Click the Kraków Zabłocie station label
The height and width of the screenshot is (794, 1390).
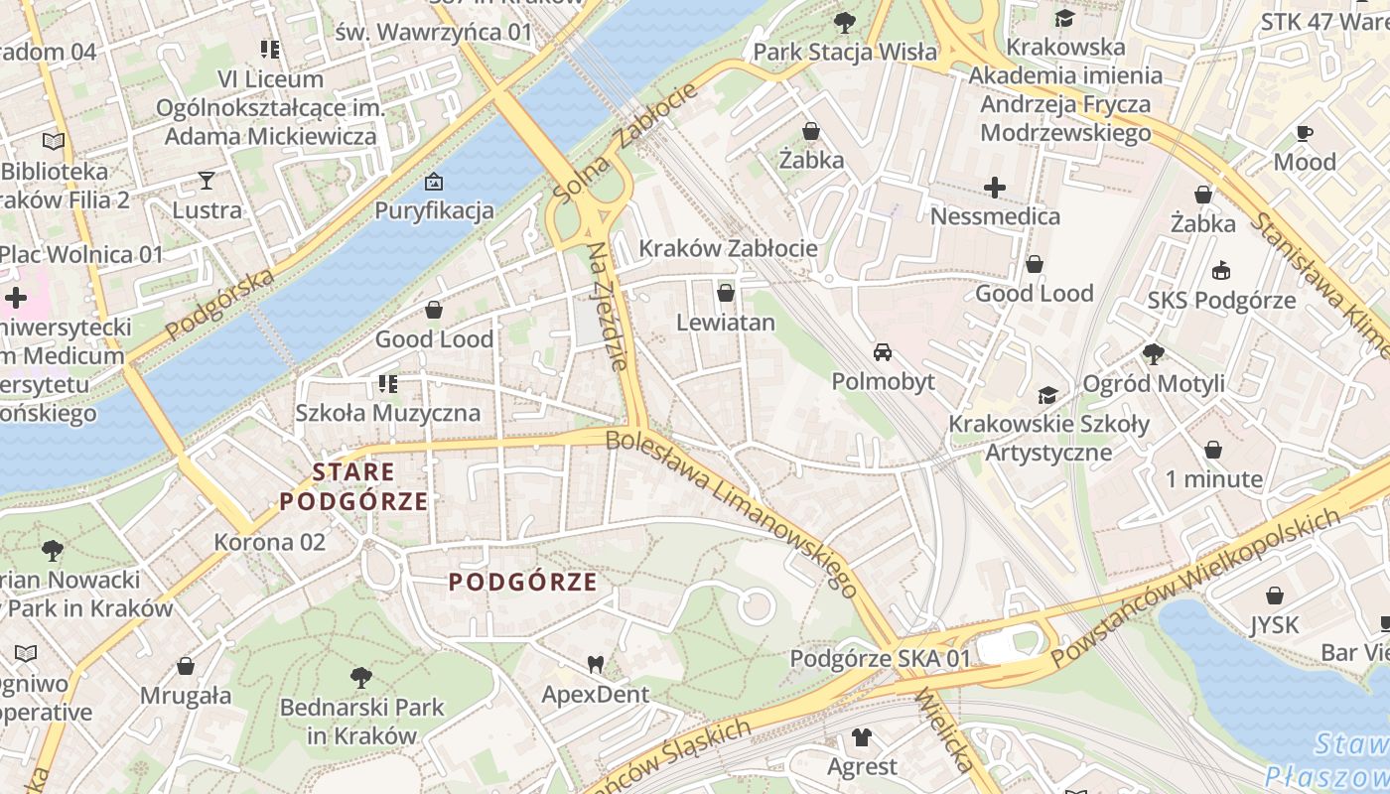[x=729, y=248]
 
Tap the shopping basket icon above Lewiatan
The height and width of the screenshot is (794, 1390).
[x=726, y=293]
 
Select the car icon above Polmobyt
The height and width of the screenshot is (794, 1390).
[x=882, y=352]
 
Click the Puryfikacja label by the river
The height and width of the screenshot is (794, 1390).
[x=434, y=210]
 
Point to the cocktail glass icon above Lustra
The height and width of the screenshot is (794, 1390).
[x=207, y=180]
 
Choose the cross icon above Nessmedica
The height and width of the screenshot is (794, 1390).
[x=995, y=187]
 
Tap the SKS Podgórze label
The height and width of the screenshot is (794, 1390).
[x=1221, y=300]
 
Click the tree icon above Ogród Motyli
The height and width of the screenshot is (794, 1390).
[x=1154, y=353]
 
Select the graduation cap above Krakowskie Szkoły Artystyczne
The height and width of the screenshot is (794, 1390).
[x=1047, y=395]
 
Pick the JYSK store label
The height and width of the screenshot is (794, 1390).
[x=1274, y=625]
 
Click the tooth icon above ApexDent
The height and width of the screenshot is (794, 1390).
[x=596, y=664]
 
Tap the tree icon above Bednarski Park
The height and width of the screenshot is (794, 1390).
[x=361, y=678]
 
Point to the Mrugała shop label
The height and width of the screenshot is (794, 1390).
[x=186, y=695]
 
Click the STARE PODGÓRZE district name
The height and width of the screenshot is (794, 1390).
[x=353, y=486]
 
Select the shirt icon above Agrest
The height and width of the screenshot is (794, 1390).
[x=862, y=737]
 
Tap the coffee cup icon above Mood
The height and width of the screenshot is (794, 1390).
[x=1305, y=133]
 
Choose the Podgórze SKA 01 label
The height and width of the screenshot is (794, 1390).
[x=880, y=658]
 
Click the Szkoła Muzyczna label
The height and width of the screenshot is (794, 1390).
[x=388, y=413]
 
